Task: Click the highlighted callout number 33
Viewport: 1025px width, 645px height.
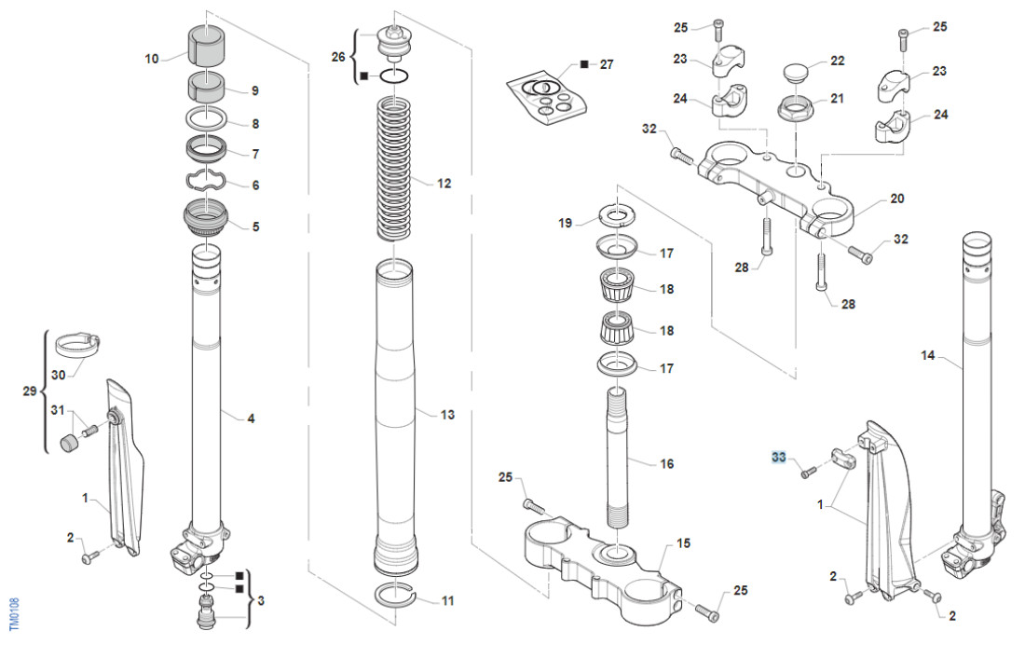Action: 779,457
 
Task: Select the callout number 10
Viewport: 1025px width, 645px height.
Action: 152,59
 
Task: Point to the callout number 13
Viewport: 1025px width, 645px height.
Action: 448,414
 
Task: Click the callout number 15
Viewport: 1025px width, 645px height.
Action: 683,542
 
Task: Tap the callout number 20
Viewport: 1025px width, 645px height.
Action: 896,199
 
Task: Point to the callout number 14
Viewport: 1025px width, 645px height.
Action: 927,355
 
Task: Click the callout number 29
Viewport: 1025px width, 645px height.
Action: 28,392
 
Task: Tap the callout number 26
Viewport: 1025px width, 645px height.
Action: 338,57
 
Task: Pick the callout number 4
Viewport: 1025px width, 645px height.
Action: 250,419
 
